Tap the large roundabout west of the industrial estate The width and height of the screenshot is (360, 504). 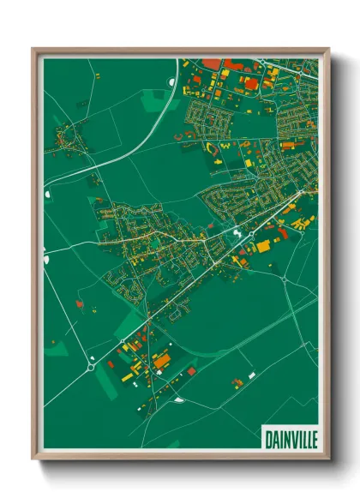(x=91, y=367)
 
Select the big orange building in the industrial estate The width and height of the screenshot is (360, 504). (x=162, y=362)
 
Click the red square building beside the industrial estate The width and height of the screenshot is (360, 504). (x=191, y=370)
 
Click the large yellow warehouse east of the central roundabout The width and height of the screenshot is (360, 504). (x=262, y=246)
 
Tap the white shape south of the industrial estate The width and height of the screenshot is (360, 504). (x=177, y=399)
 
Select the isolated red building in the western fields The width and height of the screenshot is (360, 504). (x=80, y=303)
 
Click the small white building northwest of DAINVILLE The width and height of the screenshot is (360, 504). (x=251, y=375)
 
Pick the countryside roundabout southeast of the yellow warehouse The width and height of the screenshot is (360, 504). (x=284, y=278)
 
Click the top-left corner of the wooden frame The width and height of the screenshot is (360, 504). (x=33, y=49)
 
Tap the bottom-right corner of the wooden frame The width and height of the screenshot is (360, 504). (x=329, y=460)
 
